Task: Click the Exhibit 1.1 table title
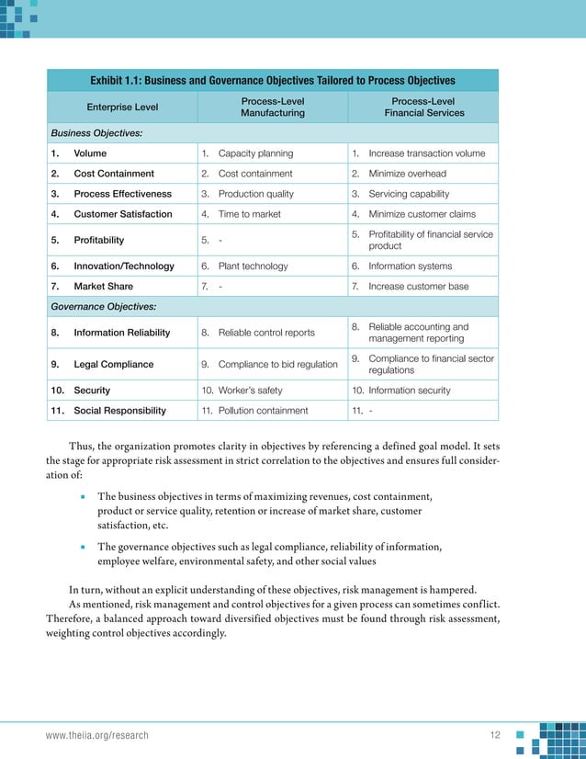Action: (273, 80)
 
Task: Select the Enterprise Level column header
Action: (122, 107)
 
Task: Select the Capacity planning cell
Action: (255, 153)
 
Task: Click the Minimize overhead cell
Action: (407, 174)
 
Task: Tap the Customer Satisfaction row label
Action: (122, 214)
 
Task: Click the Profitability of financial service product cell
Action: (430, 240)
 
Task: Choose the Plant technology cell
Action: (253, 266)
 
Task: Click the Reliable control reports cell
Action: (265, 332)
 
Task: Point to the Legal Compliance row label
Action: (113, 364)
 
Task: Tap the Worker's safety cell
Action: (254, 390)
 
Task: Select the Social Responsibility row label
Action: (119, 410)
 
